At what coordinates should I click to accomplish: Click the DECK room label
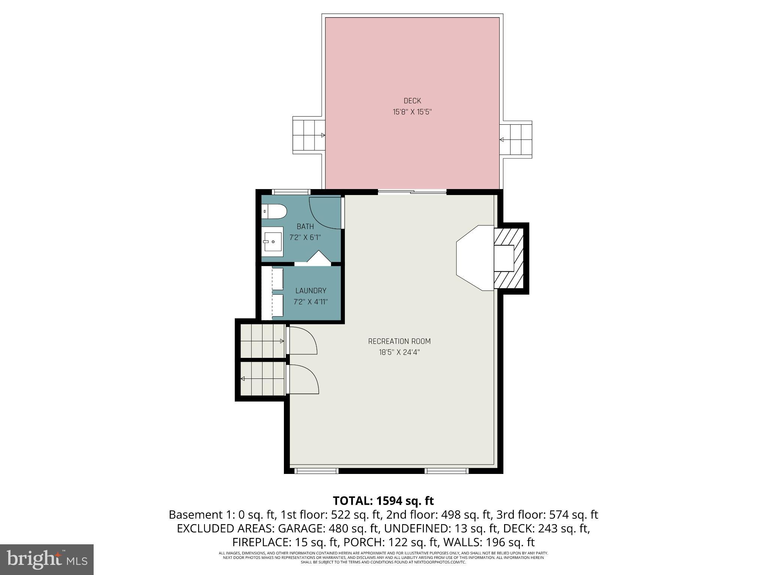[x=412, y=101]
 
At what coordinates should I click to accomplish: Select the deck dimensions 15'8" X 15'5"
[x=412, y=112]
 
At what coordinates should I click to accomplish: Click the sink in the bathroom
[x=272, y=242]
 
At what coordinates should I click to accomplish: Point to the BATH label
[x=305, y=226]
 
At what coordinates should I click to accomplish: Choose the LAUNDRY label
[x=310, y=290]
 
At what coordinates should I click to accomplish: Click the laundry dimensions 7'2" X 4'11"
[x=310, y=302]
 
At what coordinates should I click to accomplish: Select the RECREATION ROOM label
[x=399, y=341]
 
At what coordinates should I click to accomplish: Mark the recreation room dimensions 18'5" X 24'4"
[x=399, y=352]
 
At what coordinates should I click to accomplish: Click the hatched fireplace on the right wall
[x=509, y=258]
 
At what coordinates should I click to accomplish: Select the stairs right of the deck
[x=516, y=139]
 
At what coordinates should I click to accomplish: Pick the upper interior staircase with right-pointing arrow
[x=262, y=341]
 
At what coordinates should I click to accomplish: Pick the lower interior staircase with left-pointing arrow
[x=262, y=378]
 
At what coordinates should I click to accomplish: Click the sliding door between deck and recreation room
[x=412, y=192]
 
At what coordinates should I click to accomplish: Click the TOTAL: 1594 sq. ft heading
[x=383, y=501]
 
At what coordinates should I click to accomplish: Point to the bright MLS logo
[x=46, y=559]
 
